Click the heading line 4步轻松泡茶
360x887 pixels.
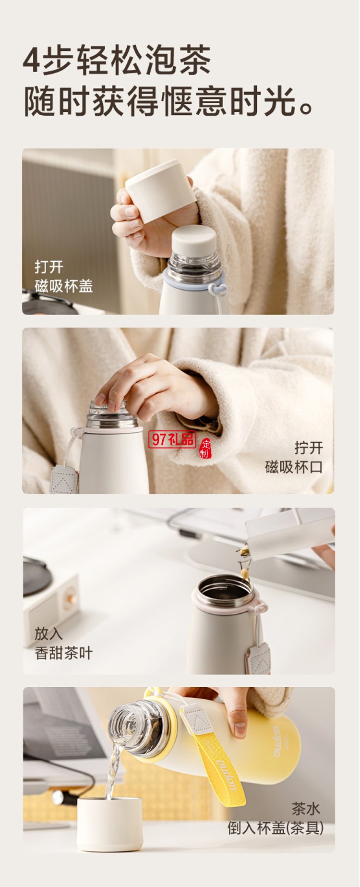(117, 61)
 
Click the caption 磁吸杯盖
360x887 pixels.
(63, 286)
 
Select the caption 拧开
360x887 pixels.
(309, 448)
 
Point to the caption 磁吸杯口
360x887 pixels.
(294, 467)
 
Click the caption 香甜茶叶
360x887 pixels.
(63, 653)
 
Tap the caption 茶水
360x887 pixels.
(306, 809)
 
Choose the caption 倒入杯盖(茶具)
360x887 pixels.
(276, 828)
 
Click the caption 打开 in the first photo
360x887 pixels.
(49, 267)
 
